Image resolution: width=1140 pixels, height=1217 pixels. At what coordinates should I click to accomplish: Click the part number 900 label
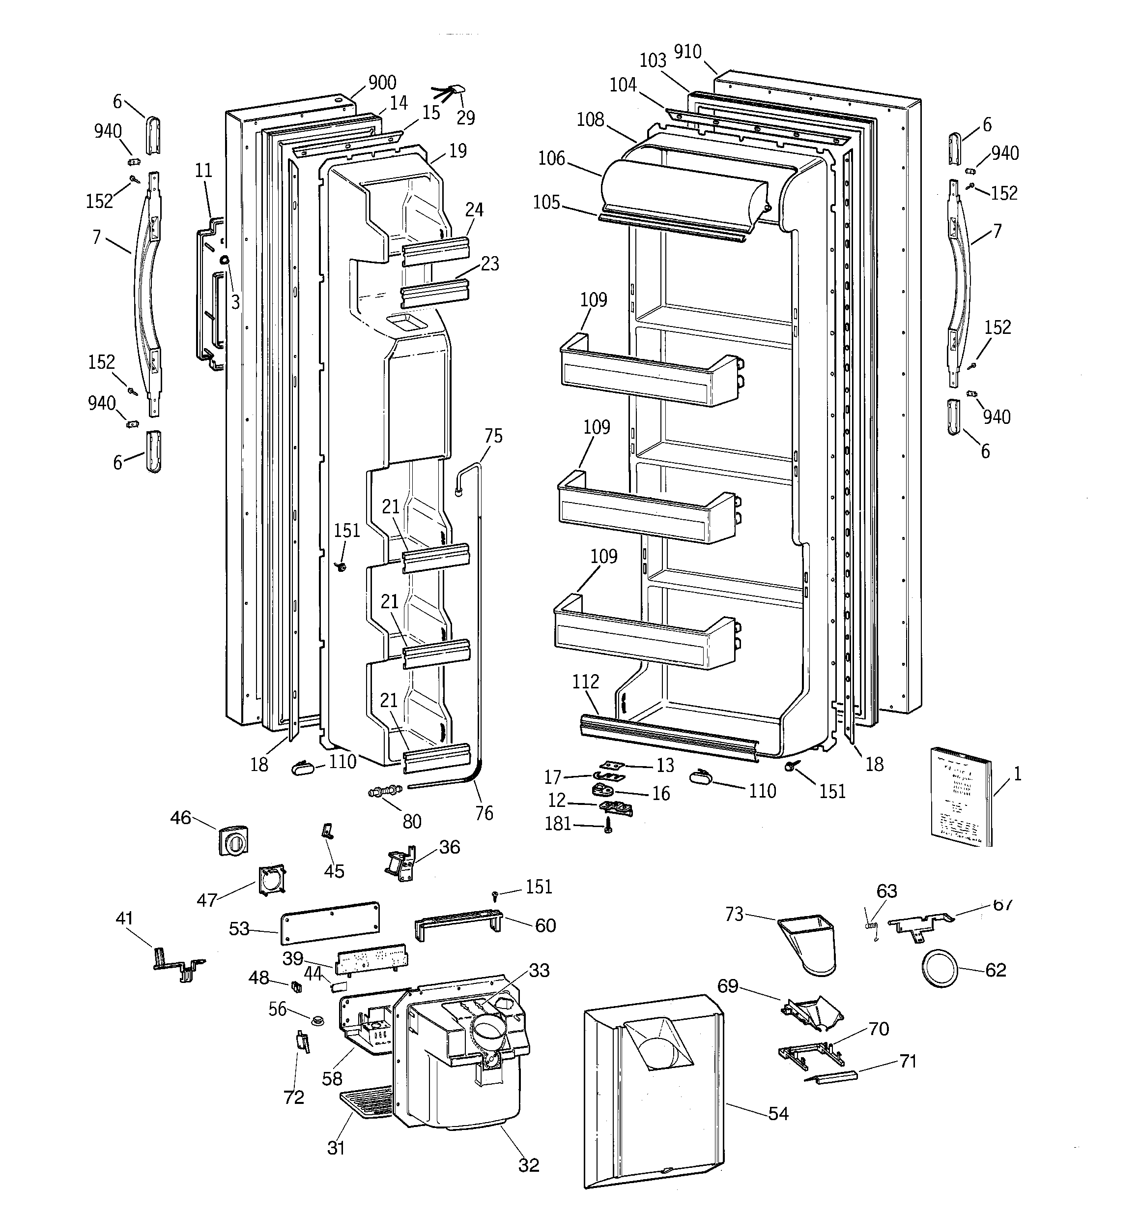coord(382,83)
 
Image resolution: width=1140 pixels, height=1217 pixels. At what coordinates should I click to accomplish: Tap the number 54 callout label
coord(778,1114)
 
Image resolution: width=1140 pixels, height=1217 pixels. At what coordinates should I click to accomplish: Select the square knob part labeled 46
coord(233,842)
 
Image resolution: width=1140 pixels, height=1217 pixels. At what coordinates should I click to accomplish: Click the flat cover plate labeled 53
coord(330,922)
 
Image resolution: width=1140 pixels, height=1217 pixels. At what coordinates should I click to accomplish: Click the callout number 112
coord(586,682)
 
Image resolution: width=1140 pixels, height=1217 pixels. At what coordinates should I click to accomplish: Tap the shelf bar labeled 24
coord(436,251)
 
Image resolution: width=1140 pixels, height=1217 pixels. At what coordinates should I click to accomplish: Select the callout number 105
coord(546,202)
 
